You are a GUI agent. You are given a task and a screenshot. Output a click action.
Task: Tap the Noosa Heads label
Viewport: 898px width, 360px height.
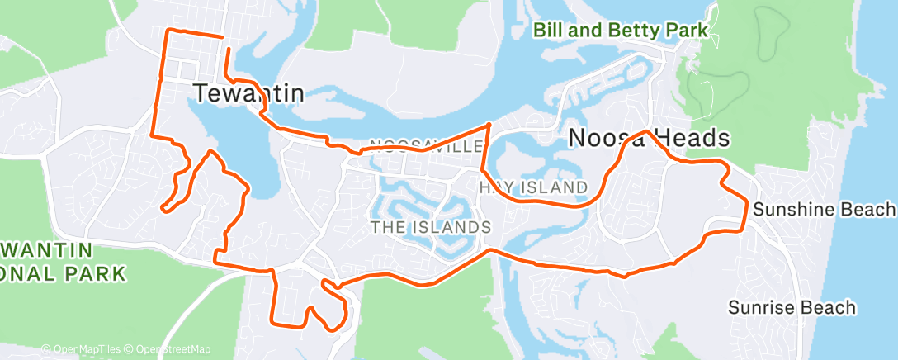click(x=650, y=139)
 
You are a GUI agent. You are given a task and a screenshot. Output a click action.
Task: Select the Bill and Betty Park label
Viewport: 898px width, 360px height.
click(x=620, y=31)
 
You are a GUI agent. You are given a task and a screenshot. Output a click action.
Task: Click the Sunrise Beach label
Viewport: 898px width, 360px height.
click(x=792, y=308)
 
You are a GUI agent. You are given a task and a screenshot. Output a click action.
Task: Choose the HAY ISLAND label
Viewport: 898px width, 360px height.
click(x=533, y=187)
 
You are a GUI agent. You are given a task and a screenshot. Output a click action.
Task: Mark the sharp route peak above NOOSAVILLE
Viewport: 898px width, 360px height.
click(x=489, y=125)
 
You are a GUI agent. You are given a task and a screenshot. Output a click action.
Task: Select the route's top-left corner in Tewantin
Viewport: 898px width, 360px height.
click(x=169, y=31)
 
